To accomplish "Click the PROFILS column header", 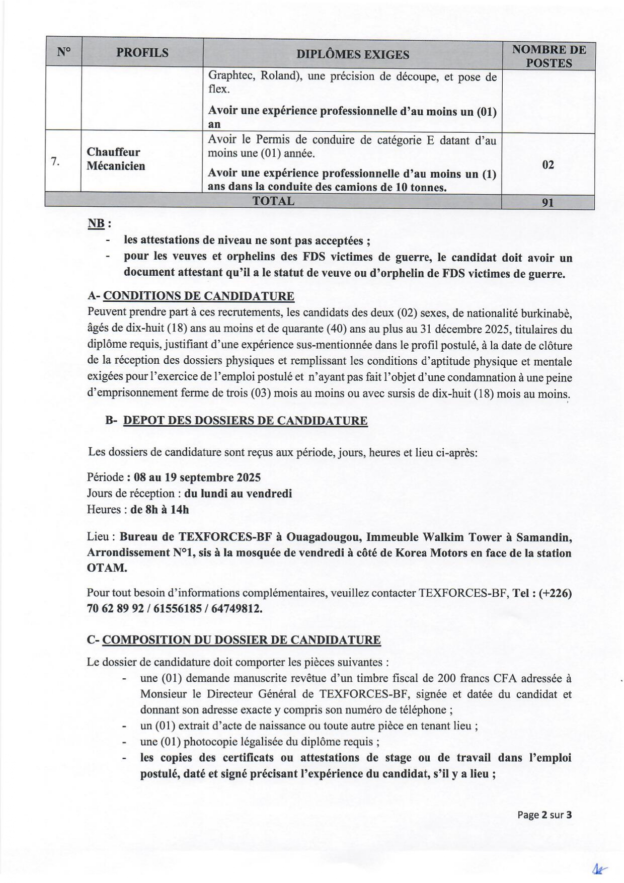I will coord(142,53).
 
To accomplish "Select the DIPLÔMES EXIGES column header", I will coord(352,54).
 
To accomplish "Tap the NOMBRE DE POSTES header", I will coord(549,56).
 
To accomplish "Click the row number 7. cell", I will coord(56,161).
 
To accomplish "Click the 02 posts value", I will coord(548,165).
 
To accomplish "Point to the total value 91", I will coord(548,202).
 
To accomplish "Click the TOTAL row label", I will coord(273,201).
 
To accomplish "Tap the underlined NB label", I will coord(96,224).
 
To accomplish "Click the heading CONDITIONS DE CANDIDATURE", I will coord(199,296).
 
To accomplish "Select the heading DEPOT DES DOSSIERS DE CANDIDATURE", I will coord(245,421).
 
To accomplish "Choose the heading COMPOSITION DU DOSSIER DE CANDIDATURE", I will coord(242,640).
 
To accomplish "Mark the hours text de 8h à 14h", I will coord(160,509).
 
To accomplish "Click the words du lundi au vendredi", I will coord(238,494).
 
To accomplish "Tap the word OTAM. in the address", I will coord(107,568).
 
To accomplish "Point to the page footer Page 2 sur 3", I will coord(544,815).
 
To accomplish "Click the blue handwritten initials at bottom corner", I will coord(600,868).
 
